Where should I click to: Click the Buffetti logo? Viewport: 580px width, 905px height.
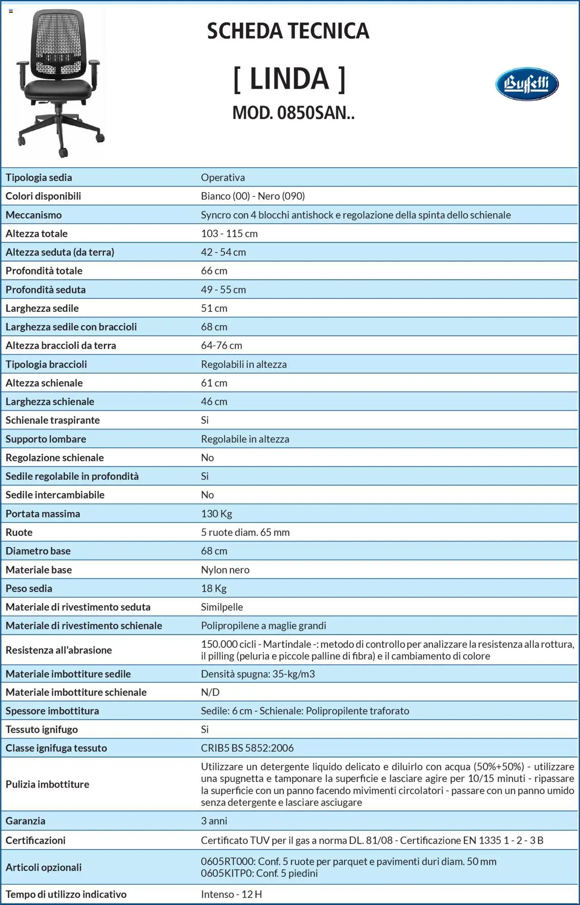click(x=527, y=84)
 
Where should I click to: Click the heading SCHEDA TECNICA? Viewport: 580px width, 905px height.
click(x=288, y=31)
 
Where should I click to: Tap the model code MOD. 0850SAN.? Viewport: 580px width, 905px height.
click(x=293, y=113)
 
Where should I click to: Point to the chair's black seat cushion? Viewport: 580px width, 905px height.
click(x=58, y=88)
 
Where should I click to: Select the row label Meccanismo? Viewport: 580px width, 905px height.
click(x=34, y=215)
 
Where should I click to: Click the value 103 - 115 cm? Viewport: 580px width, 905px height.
click(x=229, y=234)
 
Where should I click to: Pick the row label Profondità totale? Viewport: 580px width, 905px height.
click(x=44, y=271)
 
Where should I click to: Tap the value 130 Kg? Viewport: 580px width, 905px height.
click(x=217, y=514)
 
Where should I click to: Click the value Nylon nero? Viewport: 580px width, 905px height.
click(x=225, y=570)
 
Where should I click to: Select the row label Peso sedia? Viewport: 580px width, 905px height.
click(x=29, y=589)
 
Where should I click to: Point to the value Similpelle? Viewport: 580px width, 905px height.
click(x=222, y=607)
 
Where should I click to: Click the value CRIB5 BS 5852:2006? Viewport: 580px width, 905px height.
click(x=247, y=748)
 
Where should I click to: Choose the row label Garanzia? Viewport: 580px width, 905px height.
click(x=25, y=821)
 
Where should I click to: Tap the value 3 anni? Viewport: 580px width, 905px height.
click(x=214, y=821)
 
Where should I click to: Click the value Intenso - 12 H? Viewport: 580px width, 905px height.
click(x=232, y=894)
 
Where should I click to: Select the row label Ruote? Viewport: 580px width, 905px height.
click(x=19, y=532)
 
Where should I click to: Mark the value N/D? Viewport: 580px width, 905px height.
click(x=210, y=692)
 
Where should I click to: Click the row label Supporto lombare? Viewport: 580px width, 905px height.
click(x=46, y=439)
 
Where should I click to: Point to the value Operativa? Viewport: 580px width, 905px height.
click(x=223, y=177)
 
